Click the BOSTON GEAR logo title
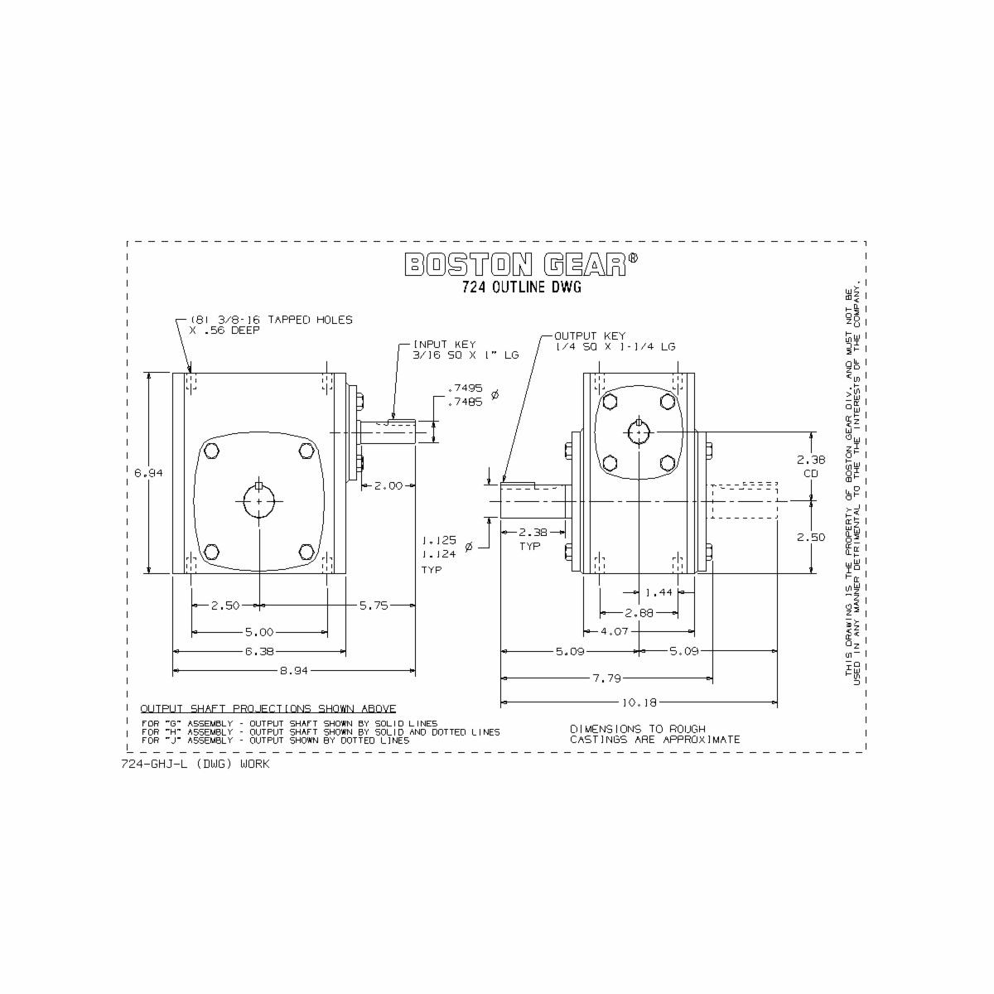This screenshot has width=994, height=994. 521,264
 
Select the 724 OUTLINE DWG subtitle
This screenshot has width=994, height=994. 522,288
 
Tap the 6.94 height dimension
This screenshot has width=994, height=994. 149,473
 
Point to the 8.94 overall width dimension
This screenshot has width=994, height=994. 294,671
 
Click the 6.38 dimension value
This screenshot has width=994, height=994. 259,652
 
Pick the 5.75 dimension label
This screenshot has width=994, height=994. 374,606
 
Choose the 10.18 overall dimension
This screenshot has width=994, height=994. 639,702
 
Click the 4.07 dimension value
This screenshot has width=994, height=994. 614,631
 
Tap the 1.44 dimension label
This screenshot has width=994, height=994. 659,592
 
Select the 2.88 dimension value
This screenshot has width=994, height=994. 638,612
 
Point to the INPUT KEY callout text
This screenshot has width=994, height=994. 466,349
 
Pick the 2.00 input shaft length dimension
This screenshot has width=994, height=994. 388,485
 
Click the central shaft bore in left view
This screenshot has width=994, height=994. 259,501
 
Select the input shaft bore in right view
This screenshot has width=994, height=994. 639,432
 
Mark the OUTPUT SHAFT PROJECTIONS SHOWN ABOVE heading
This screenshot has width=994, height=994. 268,709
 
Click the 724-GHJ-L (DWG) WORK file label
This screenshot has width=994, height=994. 195,764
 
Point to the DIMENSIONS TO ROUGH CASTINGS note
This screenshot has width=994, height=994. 654,734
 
